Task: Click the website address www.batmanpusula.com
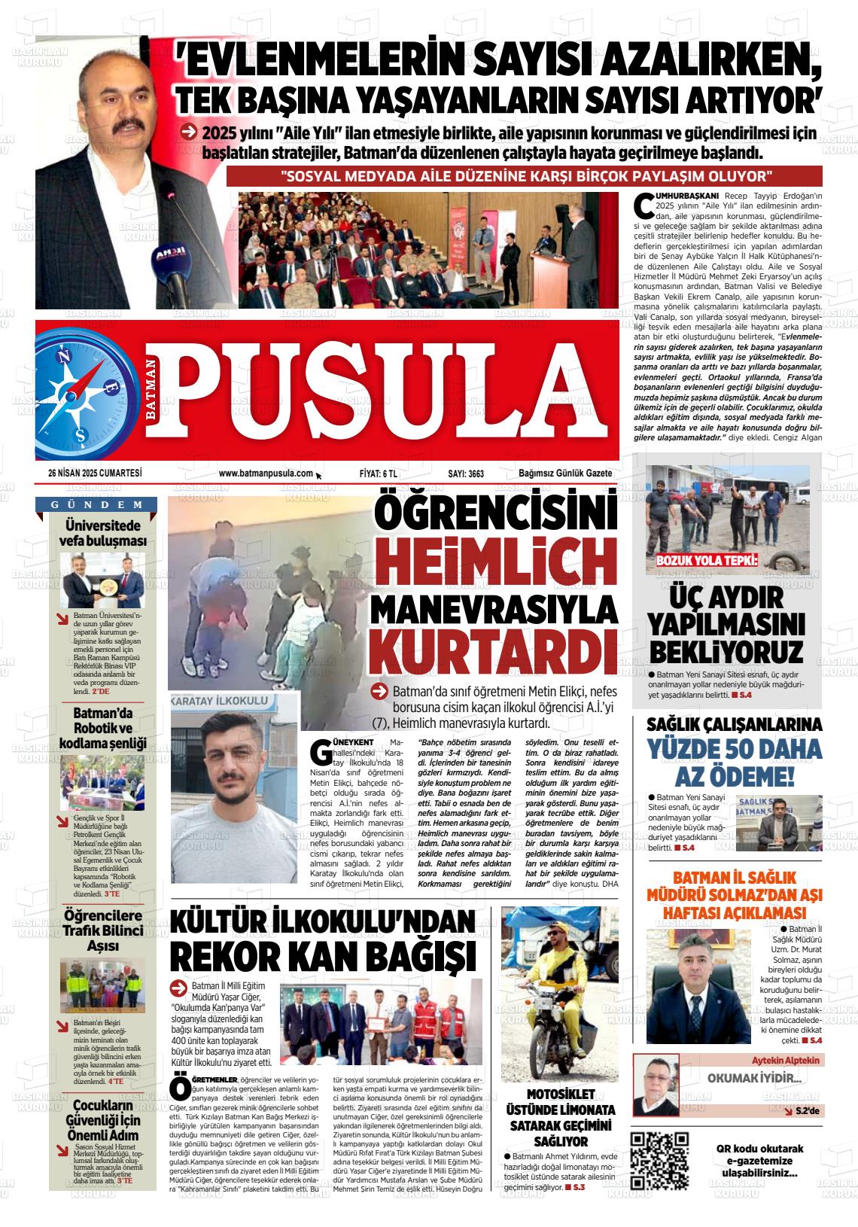(x=266, y=473)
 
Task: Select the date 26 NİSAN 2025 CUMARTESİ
(x=95, y=473)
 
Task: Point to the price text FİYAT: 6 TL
(x=379, y=473)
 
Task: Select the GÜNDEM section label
(x=97, y=505)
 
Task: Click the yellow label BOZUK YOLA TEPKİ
(x=707, y=561)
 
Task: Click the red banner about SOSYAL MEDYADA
(x=525, y=177)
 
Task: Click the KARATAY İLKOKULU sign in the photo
(x=220, y=701)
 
